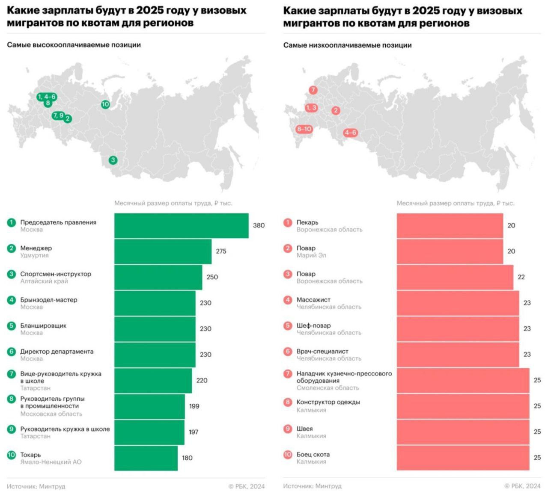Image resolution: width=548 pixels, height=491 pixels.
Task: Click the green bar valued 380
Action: click(x=181, y=225)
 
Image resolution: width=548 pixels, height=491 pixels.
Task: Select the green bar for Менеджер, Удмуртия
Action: click(x=163, y=251)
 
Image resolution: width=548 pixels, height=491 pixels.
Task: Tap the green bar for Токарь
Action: click(x=146, y=458)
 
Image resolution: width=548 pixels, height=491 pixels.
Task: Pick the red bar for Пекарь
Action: click(x=450, y=225)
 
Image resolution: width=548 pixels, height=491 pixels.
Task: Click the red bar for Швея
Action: click(x=462, y=432)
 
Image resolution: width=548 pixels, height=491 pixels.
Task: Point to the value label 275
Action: click(x=221, y=251)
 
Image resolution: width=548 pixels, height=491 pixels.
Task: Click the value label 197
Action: click(x=194, y=432)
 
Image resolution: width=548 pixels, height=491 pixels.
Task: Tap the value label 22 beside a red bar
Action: click(x=521, y=277)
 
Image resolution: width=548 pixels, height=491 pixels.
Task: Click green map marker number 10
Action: click(x=105, y=104)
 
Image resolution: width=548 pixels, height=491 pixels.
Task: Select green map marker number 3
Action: click(x=113, y=160)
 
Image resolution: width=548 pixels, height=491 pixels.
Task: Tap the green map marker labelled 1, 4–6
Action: click(x=47, y=97)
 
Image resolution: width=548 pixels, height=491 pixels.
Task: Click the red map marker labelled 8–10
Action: click(x=304, y=129)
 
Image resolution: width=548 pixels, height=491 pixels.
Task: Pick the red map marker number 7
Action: click(x=313, y=90)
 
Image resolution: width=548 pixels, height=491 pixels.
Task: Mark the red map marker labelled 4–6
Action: click(x=350, y=133)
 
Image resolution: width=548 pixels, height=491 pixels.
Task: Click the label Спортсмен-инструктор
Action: click(x=56, y=274)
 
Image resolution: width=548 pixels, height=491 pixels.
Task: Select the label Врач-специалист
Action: click(x=322, y=352)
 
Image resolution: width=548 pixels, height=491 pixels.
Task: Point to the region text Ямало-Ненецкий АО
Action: click(x=51, y=462)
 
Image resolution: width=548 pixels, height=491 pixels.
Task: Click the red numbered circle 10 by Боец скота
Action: click(x=288, y=455)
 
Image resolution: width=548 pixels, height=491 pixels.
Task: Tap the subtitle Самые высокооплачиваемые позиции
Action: click(x=74, y=45)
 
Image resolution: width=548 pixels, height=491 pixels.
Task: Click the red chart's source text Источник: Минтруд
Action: click(x=312, y=486)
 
